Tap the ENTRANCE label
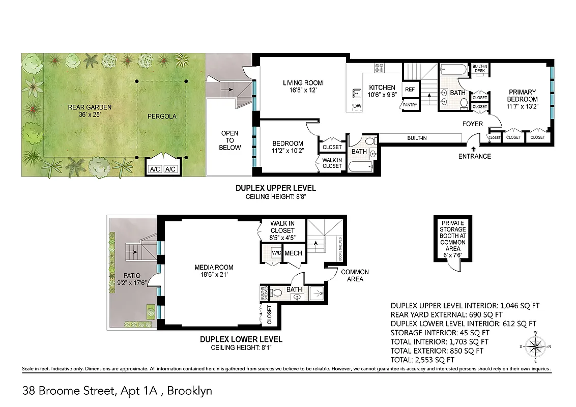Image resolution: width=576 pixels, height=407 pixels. tap(474, 156)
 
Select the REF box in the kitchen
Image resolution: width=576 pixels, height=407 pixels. tap(410, 89)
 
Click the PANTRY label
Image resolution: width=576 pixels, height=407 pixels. tap(410, 105)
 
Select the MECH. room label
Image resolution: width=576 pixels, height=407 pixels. tap(294, 253)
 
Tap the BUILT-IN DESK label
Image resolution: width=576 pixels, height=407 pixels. tap(479, 69)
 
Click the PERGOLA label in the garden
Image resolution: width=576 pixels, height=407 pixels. tap(162, 117)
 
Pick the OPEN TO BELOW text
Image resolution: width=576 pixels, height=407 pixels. tap(229, 140)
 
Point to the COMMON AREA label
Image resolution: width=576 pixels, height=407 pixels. tap(355, 275)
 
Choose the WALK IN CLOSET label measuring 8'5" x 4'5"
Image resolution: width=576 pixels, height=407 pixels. tap(282, 230)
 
